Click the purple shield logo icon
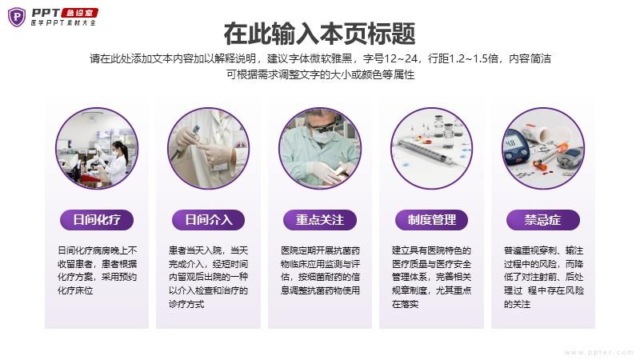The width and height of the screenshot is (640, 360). pyautogui.click(x=17, y=17)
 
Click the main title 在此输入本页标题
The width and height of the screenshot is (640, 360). pyautogui.click(x=319, y=34)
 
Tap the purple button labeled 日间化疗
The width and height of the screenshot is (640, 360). pyautogui.click(x=97, y=220)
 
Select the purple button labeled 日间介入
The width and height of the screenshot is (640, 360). pyautogui.click(x=209, y=220)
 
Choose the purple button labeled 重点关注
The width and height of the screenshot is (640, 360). pyautogui.click(x=320, y=220)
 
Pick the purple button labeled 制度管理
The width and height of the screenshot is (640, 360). pyautogui.click(x=431, y=220)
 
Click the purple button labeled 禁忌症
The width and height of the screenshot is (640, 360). pyautogui.click(x=543, y=220)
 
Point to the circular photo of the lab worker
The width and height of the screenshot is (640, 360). pyautogui.click(x=97, y=148)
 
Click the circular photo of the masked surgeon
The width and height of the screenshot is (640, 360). pyautogui.click(x=320, y=148)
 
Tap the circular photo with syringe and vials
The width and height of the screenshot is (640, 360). pyautogui.click(x=431, y=148)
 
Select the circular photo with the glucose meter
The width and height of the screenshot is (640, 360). pyautogui.click(x=543, y=148)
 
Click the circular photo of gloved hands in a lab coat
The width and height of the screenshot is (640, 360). pyautogui.click(x=209, y=148)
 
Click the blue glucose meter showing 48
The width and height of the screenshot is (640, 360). pyautogui.click(x=516, y=150)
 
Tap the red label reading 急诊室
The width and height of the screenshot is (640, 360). pyautogui.click(x=79, y=13)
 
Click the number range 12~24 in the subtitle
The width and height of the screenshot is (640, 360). pyautogui.click(x=402, y=58)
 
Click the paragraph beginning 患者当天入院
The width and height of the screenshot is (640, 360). pyautogui.click(x=209, y=277)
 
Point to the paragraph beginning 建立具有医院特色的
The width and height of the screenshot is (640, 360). pyautogui.click(x=431, y=277)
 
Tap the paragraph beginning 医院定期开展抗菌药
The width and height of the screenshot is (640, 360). pyautogui.click(x=320, y=270)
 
